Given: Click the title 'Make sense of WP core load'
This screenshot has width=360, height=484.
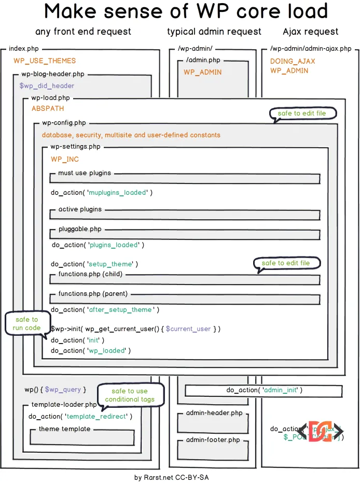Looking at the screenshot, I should (x=186, y=11).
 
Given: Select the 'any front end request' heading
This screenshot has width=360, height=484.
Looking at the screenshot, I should (x=83, y=32).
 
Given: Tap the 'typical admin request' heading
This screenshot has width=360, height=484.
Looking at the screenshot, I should (x=214, y=32).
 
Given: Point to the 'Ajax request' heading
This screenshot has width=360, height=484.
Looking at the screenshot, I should (x=311, y=32).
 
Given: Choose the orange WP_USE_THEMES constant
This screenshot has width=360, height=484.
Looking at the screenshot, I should (x=45, y=61).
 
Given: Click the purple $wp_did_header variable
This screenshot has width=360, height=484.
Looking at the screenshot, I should (x=47, y=86).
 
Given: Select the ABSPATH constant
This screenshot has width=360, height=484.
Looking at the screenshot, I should (x=48, y=108).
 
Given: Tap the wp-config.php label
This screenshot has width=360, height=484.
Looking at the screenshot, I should (x=64, y=123).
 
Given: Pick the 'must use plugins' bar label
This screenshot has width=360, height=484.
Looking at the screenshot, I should (x=85, y=173).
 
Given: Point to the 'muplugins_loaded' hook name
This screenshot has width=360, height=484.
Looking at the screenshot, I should (x=118, y=192).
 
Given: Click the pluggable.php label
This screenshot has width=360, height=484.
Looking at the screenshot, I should (x=80, y=229).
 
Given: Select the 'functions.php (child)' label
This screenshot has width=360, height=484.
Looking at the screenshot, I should (x=90, y=274).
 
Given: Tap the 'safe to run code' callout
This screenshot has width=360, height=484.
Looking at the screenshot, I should (x=26, y=324).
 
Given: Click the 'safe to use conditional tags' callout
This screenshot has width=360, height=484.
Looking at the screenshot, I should (x=130, y=395).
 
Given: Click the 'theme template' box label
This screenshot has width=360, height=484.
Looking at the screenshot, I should (x=64, y=429).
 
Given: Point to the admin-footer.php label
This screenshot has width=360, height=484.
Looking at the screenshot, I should (x=213, y=440).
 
